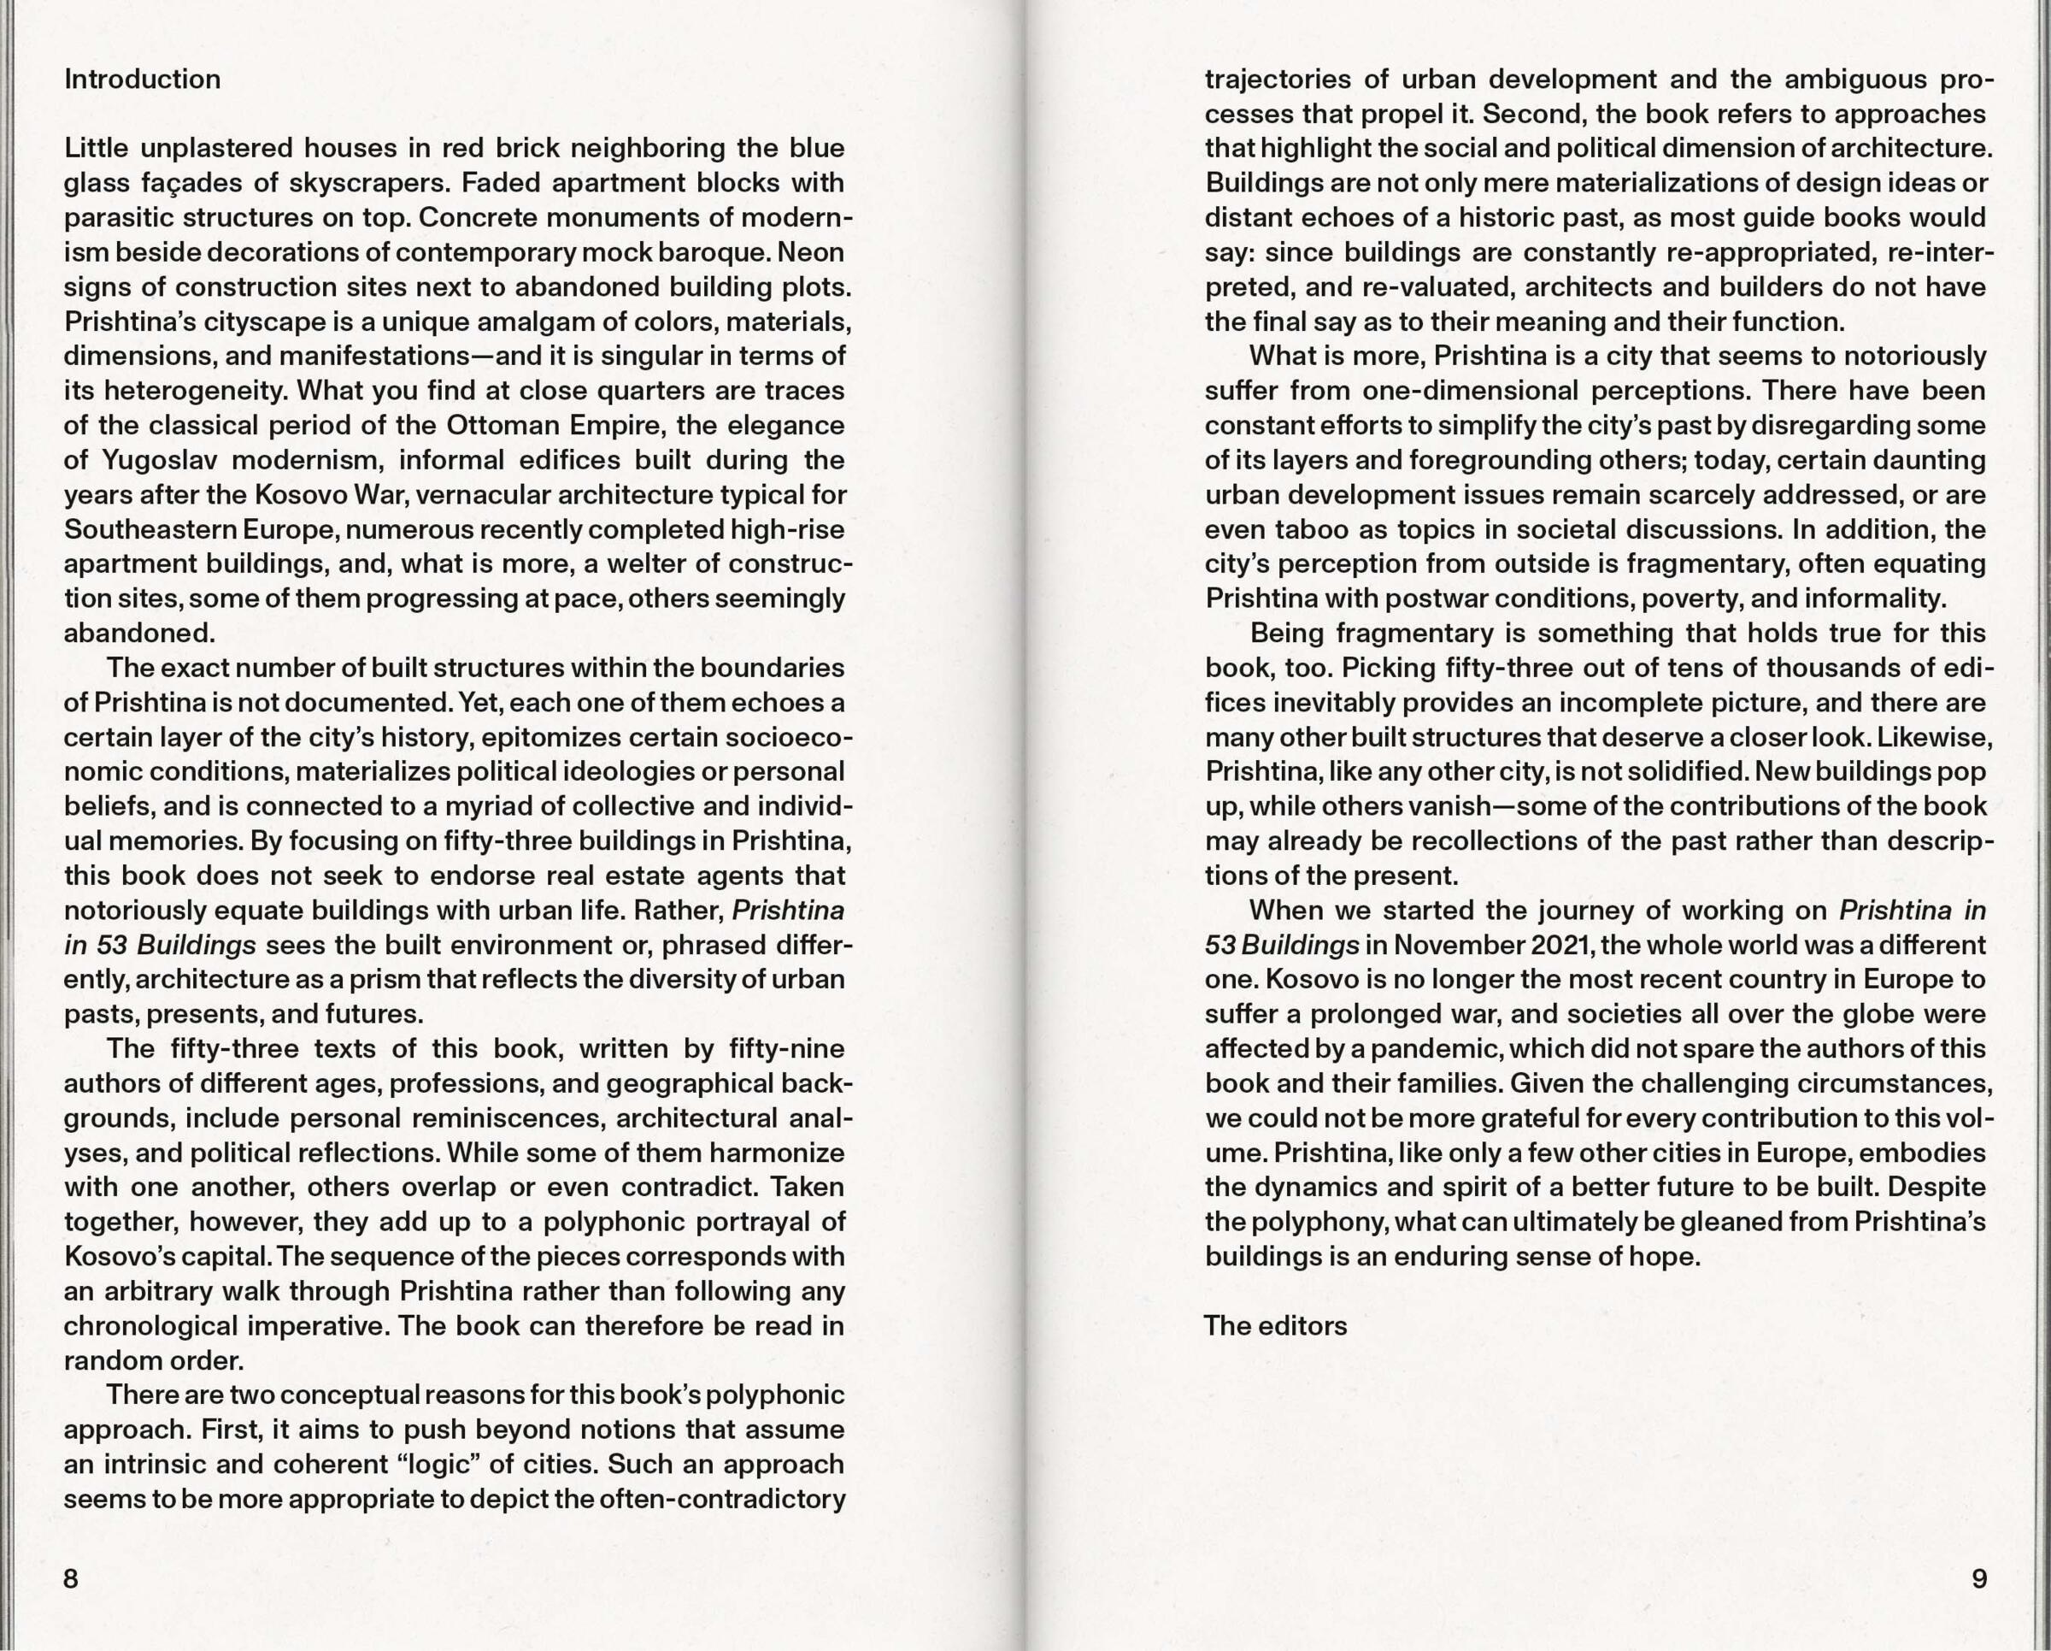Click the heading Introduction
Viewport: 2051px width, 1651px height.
tap(142, 79)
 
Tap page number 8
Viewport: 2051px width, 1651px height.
tap(70, 1578)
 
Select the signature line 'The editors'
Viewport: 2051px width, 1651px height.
tap(1275, 1325)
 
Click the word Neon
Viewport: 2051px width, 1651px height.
tap(814, 252)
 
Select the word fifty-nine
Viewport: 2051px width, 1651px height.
tap(787, 1048)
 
